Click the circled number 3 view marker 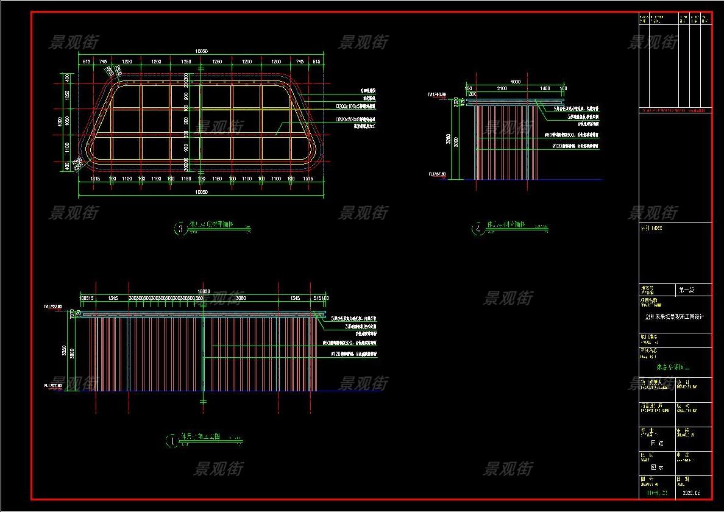tap(180, 229)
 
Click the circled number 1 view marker tap(172, 439)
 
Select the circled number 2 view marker tap(478, 229)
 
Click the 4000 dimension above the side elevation tap(516, 82)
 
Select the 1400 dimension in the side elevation tap(545, 89)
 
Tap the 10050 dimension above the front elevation tap(202, 292)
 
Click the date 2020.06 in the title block tap(692, 492)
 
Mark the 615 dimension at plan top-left tap(87, 62)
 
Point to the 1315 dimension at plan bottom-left tap(95, 179)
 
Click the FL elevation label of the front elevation tap(53, 386)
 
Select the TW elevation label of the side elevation tap(437, 95)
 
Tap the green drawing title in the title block tap(673, 368)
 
